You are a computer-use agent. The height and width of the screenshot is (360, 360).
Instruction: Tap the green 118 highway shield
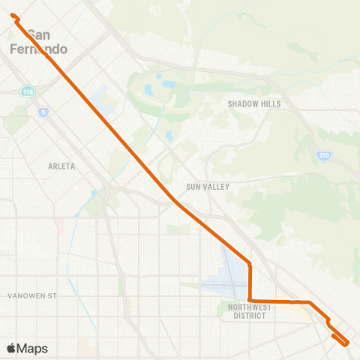tap(28, 91)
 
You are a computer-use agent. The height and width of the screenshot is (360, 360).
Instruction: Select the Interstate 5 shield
tap(43, 111)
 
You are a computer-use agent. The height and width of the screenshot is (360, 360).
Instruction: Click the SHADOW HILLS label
tap(253, 104)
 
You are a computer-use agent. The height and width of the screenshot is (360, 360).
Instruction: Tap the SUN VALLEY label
tap(208, 186)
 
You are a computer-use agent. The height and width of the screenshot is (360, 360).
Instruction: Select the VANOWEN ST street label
tap(32, 296)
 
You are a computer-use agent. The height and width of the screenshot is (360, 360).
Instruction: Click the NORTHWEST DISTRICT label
tap(249, 311)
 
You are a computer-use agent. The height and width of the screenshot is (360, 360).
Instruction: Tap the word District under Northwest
tap(249, 316)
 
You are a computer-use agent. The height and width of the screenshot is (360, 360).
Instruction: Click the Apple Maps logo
tap(27, 348)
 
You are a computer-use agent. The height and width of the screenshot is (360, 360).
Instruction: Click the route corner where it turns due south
tap(249, 264)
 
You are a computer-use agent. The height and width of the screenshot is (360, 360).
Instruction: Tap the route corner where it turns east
tap(250, 301)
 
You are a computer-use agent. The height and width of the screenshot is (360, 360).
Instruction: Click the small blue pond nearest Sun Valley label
tap(169, 136)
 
